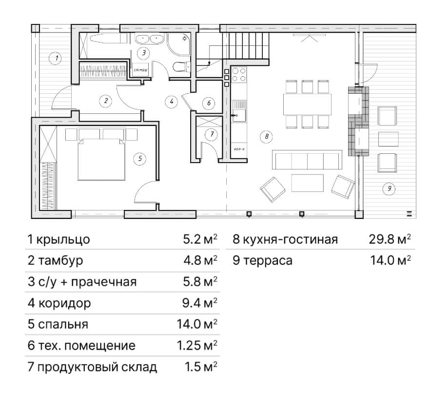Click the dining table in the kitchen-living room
[x=307, y=104]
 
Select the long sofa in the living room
[x=307, y=160]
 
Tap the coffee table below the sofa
[x=308, y=183]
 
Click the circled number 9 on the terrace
[x=390, y=189]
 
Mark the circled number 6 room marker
[x=209, y=103]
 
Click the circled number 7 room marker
[x=212, y=134]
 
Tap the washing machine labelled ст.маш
[x=141, y=70]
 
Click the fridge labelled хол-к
[x=239, y=150]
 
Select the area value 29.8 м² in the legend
[x=390, y=239]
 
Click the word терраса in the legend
[x=268, y=261]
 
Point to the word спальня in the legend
[x=63, y=325]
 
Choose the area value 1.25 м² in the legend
[x=197, y=345]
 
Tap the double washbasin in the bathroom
[x=150, y=40]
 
